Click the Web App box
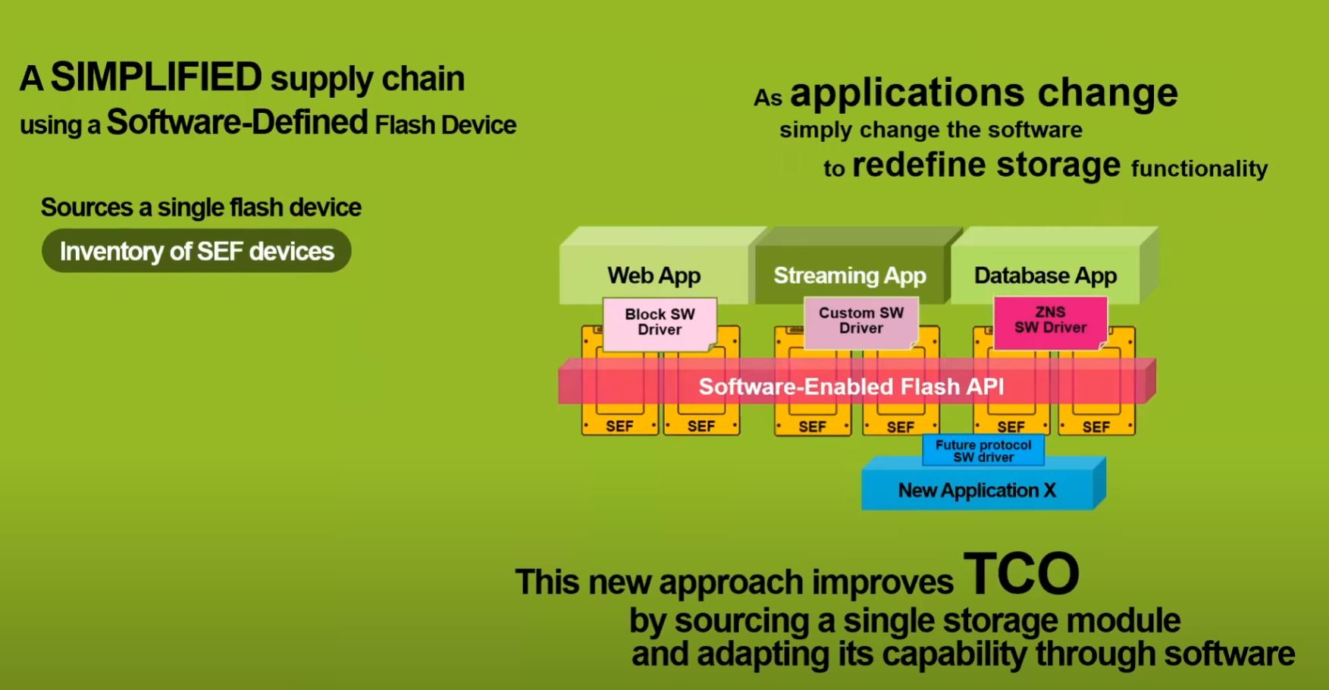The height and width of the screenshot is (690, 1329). click(654, 275)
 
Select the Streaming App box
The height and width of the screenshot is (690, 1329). click(849, 275)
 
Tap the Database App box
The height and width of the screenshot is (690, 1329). click(1045, 275)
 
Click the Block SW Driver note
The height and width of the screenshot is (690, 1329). click(660, 322)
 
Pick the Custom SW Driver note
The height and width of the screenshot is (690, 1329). click(861, 321)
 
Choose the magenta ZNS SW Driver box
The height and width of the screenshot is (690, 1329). click(1050, 320)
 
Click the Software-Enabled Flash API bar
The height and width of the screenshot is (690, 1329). click(851, 387)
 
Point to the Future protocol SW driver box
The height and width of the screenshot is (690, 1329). click(983, 451)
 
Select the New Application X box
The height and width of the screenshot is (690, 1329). click(977, 491)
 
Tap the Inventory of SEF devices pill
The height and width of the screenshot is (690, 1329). click(196, 251)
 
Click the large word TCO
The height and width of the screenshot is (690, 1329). click(1020, 575)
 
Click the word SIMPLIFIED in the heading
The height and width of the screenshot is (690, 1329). click(155, 77)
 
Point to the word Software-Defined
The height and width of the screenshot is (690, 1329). click(237, 123)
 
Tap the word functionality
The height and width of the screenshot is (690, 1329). click(1199, 168)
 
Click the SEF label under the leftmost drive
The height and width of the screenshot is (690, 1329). click(619, 426)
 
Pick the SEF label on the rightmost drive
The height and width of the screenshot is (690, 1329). click(1095, 427)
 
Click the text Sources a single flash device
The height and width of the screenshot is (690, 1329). click(201, 208)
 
